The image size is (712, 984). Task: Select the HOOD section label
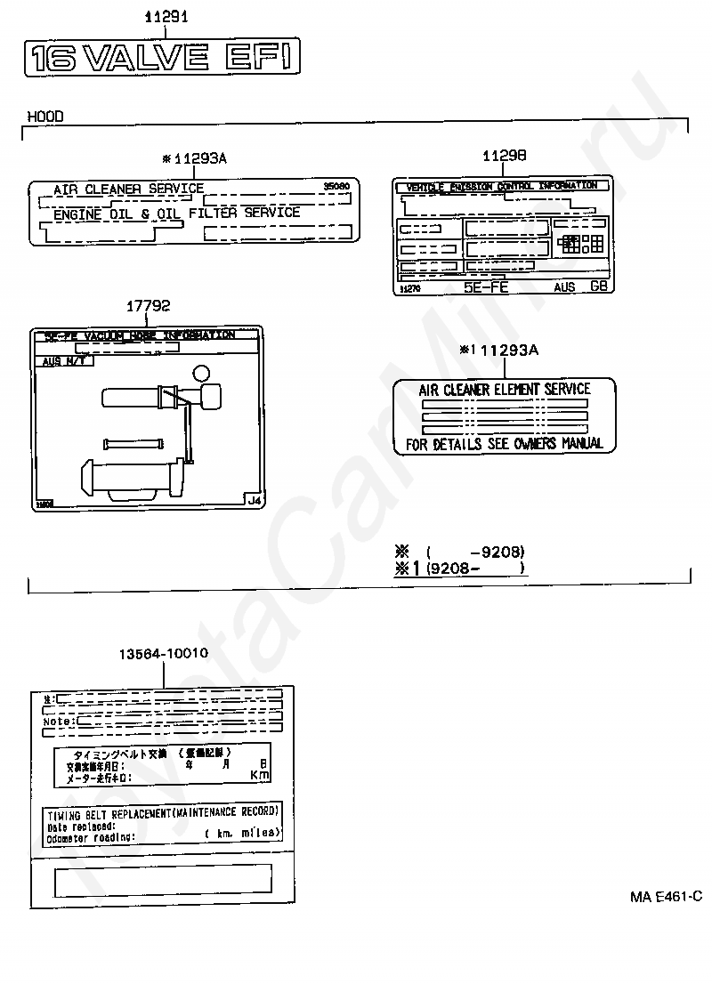click(x=44, y=116)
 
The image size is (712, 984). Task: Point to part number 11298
click(x=504, y=155)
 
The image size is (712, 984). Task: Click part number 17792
click(x=148, y=305)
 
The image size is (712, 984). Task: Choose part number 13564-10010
click(x=164, y=653)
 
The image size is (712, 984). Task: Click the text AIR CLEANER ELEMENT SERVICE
click(x=505, y=389)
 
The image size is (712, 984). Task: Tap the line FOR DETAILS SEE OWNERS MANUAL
click(x=505, y=443)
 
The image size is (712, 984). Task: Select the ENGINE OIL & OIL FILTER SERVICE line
click(x=176, y=214)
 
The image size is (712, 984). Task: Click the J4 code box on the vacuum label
click(x=255, y=501)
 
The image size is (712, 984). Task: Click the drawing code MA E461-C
click(x=667, y=897)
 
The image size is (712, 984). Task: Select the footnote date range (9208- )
click(x=476, y=569)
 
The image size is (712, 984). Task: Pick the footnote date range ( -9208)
click(x=476, y=551)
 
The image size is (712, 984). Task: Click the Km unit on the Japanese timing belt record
click(x=259, y=776)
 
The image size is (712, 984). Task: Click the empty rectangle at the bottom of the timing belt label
click(x=163, y=882)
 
